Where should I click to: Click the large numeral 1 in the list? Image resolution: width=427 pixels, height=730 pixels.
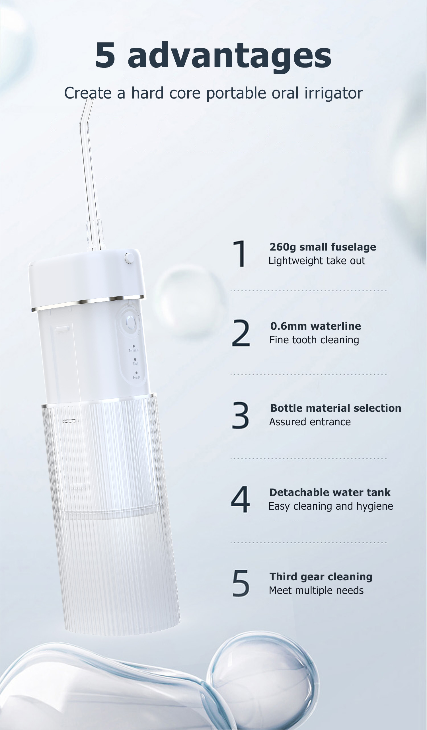pyautogui.click(x=240, y=254)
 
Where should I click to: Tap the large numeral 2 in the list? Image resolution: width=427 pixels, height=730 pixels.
pyautogui.click(x=241, y=333)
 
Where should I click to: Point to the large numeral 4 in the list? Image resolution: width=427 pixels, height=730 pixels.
pyautogui.click(x=240, y=499)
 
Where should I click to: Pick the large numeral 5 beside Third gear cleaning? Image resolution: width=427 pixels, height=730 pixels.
pyautogui.click(x=241, y=583)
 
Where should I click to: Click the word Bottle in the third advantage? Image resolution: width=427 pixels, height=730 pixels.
pyautogui.click(x=286, y=408)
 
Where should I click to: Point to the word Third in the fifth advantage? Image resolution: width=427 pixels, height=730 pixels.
pyautogui.click(x=282, y=577)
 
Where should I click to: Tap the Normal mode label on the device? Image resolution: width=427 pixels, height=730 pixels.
pyautogui.click(x=134, y=350)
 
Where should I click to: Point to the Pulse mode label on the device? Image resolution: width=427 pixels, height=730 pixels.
pyautogui.click(x=137, y=378)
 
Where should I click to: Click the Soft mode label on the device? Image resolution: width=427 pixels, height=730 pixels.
pyautogui.click(x=136, y=364)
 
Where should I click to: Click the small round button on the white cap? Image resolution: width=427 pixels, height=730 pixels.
pyautogui.click(x=129, y=258)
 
